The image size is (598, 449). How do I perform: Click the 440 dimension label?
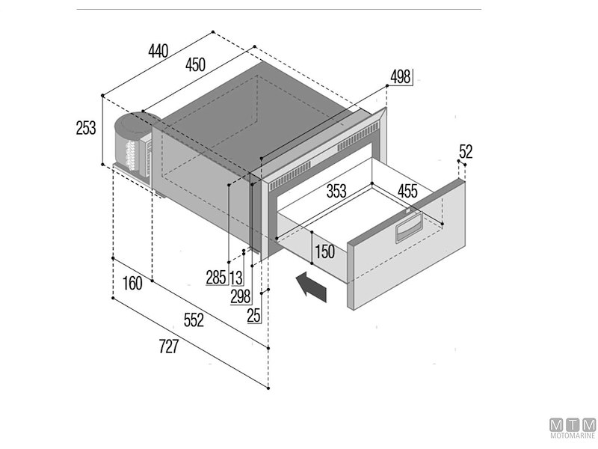(158, 51)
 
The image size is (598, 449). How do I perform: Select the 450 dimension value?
(195, 65)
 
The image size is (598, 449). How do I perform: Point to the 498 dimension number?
(401, 77)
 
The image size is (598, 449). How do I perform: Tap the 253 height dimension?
(86, 128)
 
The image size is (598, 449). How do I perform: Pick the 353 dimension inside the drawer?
(336, 191)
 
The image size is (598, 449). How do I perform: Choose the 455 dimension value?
(407, 191)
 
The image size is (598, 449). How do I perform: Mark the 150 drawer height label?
(324, 252)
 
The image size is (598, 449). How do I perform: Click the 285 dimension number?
(216, 278)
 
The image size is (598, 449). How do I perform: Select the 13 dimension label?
(236, 278)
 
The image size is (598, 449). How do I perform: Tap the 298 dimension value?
(240, 296)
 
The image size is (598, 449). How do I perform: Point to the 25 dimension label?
(254, 315)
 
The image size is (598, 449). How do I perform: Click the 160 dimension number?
(132, 284)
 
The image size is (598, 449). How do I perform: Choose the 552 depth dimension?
(194, 320)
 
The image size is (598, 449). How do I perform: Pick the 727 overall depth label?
(168, 347)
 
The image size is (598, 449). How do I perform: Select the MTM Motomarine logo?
(573, 428)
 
